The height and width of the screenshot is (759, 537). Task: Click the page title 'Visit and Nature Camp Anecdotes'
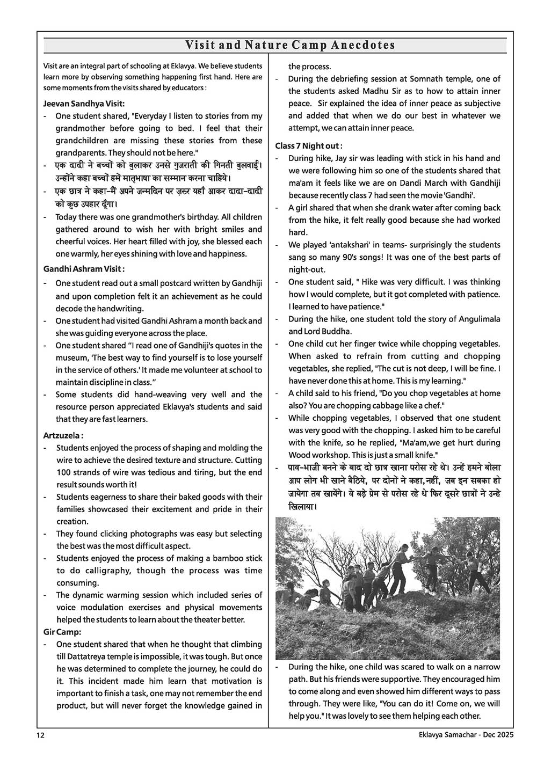point(290,45)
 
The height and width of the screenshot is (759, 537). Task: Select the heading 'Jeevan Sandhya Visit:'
point(84,104)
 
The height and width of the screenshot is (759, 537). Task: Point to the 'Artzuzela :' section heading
point(63,435)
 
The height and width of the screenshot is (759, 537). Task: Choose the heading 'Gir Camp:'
point(62,632)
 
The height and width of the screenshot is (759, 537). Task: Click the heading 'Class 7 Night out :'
point(309,145)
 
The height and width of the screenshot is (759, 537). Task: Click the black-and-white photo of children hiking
point(388,588)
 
